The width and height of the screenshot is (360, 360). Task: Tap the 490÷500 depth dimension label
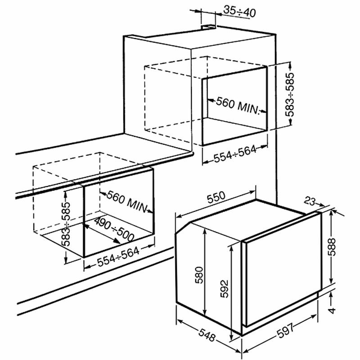click(x=111, y=230)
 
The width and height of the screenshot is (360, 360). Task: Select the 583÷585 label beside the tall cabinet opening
click(x=290, y=95)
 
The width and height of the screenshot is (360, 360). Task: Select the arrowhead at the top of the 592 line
click(x=231, y=246)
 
